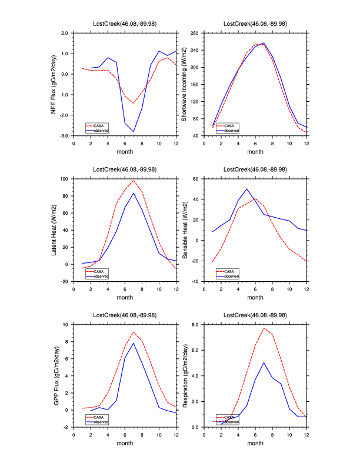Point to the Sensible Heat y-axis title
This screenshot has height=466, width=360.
[184, 230]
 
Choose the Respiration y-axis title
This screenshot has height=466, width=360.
[184, 375]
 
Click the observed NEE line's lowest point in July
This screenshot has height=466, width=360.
[134, 131]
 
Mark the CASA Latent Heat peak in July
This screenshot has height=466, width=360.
[134, 180]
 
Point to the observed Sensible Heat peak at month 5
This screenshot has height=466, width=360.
[246, 189]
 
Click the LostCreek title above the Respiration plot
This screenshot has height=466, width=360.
[255, 315]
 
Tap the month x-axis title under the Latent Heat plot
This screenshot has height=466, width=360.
[125, 297]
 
